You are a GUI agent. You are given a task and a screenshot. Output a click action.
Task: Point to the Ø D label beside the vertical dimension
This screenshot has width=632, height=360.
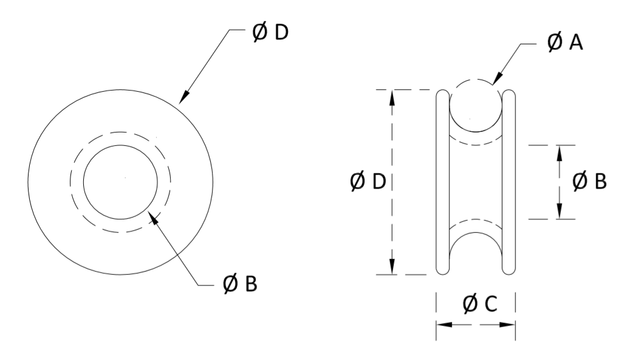click(x=368, y=181)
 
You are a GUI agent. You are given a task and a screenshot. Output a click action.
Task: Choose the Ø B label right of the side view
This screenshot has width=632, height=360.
click(x=589, y=181)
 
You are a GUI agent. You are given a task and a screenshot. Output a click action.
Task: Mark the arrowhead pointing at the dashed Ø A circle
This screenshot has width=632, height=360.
click(x=496, y=80)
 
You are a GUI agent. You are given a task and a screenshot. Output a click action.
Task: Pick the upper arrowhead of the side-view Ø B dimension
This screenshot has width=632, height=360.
click(x=560, y=151)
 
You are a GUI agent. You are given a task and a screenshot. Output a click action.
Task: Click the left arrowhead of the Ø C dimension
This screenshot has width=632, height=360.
click(x=442, y=325)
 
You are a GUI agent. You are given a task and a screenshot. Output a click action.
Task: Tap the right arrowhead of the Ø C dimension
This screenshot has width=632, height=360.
click(x=509, y=325)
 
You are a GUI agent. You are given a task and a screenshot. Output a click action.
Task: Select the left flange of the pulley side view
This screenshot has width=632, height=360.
click(x=443, y=182)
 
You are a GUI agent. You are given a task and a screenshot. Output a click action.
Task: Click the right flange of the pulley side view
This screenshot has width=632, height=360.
click(x=509, y=182)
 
